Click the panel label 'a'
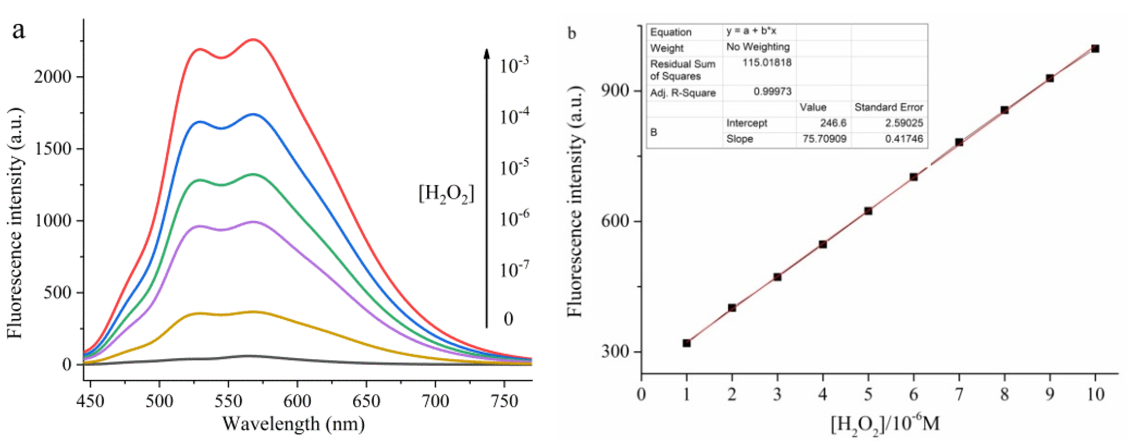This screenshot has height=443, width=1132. pyautogui.click(x=18, y=31)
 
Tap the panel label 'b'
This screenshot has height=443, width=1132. pyautogui.click(x=572, y=33)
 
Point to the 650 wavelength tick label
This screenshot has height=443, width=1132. pyautogui.click(x=366, y=400)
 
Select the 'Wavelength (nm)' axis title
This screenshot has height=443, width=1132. pyautogui.click(x=294, y=424)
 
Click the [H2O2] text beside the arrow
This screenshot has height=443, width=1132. pyautogui.click(x=446, y=194)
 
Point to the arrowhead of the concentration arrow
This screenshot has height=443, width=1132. pyautogui.click(x=486, y=53)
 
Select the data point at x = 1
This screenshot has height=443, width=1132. pyautogui.click(x=686, y=343)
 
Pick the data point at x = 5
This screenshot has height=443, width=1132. pyautogui.click(x=868, y=211)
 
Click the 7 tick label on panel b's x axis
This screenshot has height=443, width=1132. pyautogui.click(x=959, y=394)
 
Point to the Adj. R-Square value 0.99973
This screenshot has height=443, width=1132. pyautogui.click(x=772, y=91)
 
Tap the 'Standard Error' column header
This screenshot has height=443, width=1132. pyautogui.click(x=888, y=107)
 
